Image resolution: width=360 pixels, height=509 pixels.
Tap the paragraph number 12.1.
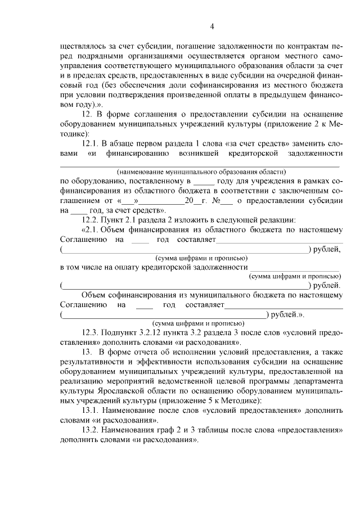click(92, 143)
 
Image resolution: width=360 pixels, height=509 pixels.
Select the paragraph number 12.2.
click(92, 219)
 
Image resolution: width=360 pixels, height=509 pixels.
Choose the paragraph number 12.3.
click(92, 334)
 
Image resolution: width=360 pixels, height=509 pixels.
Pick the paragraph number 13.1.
click(92, 410)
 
